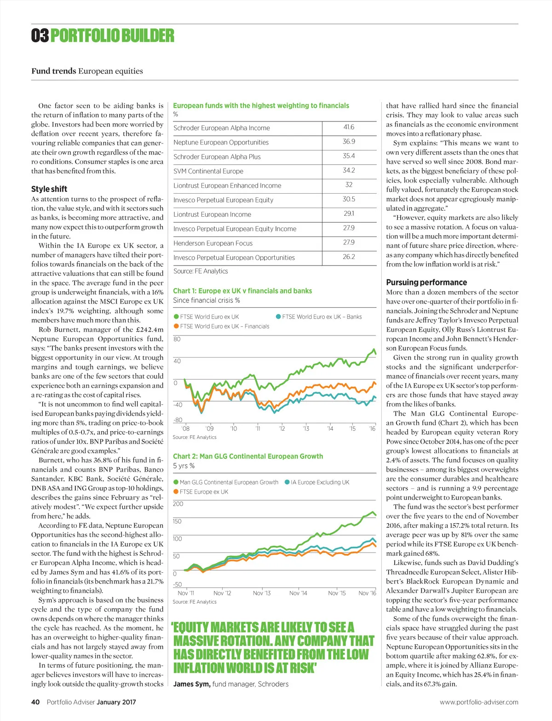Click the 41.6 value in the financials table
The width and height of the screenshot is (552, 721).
click(349, 127)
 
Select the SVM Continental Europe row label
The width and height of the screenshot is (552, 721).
click(208, 171)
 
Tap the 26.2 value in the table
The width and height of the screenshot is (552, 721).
click(349, 257)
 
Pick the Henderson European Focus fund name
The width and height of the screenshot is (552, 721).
click(213, 243)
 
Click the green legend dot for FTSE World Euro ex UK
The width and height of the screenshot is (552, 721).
click(176, 317)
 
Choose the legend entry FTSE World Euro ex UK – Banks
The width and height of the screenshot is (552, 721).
click(322, 317)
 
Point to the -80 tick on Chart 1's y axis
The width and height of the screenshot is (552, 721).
click(178, 420)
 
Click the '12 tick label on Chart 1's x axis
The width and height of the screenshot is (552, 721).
click(282, 429)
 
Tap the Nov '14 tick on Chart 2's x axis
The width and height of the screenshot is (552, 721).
click(298, 593)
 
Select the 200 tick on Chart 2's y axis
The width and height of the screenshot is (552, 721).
click(178, 504)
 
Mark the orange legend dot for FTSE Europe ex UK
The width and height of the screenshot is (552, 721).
click(176, 492)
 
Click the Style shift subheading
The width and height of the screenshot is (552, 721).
click(49, 189)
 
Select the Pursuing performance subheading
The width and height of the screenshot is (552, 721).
click(426, 283)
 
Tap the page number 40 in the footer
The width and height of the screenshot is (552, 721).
click(35, 702)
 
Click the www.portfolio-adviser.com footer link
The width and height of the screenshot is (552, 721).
click(479, 702)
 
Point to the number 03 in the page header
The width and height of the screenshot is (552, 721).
click(40, 35)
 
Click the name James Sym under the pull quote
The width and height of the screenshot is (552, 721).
click(191, 684)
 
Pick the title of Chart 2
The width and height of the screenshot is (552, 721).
click(248, 456)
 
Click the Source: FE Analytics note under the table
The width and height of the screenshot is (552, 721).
click(201, 271)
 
